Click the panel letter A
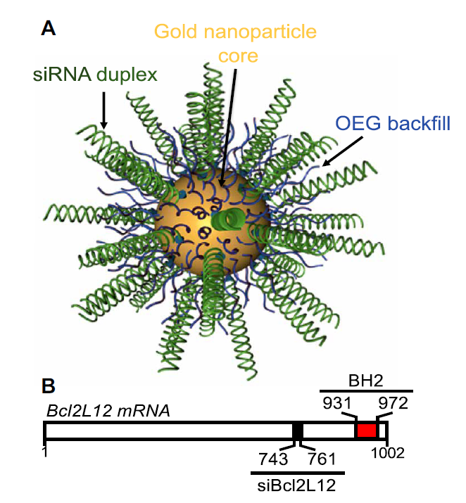point(49,28)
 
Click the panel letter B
point(49,386)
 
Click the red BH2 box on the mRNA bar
point(366,431)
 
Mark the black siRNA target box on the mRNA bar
point(298,431)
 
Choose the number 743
point(274,459)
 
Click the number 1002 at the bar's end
point(389,452)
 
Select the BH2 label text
point(365,380)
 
